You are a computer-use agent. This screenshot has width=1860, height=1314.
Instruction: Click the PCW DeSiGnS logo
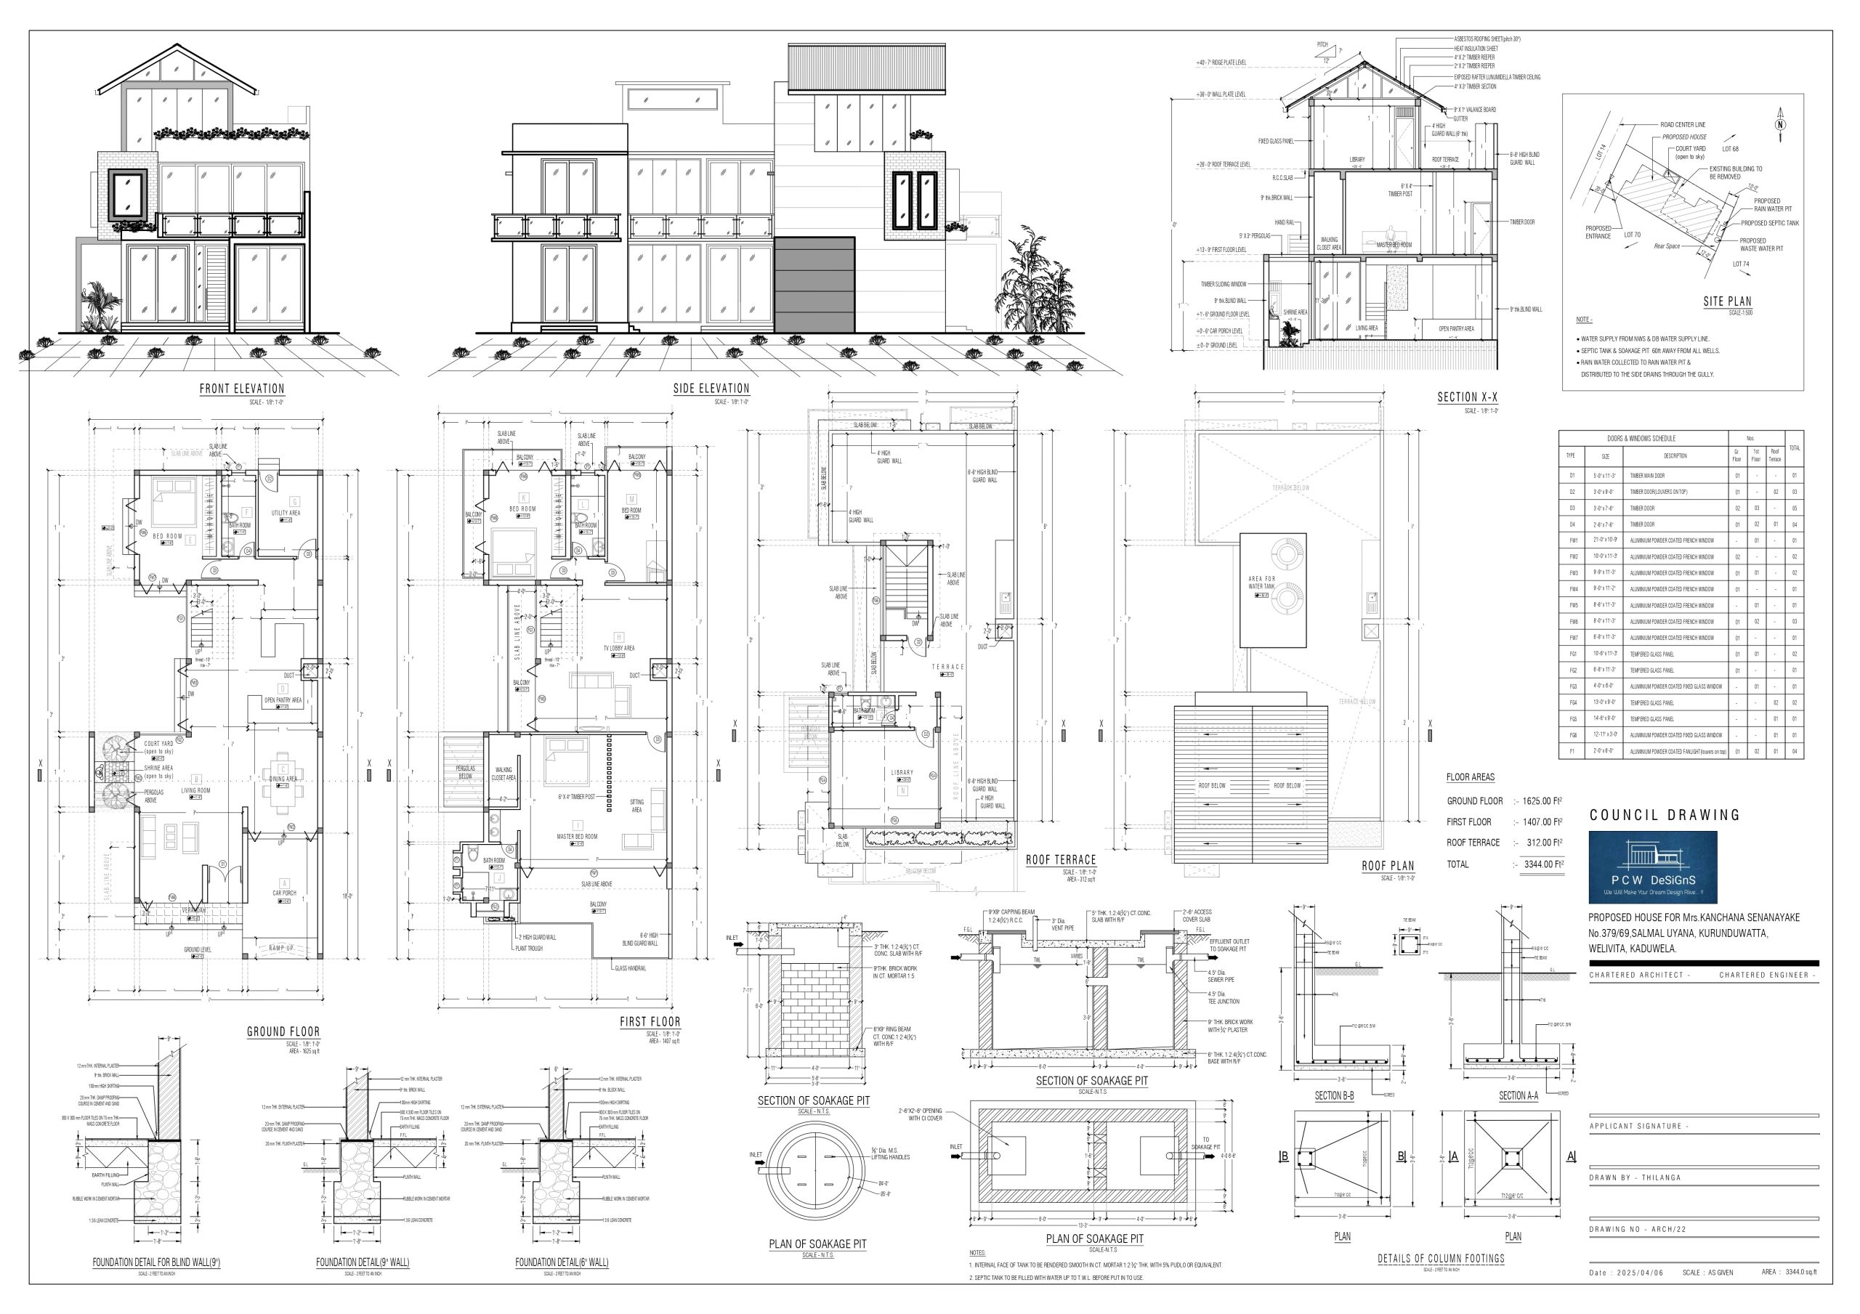1653,867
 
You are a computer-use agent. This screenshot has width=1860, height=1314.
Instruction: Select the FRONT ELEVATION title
242,389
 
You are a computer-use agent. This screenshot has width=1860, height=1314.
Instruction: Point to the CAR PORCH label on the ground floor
284,893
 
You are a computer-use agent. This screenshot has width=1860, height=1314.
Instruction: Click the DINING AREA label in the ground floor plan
283,779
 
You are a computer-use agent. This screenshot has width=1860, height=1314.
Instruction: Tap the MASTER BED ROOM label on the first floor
577,836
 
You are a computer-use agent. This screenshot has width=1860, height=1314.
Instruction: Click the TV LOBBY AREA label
619,648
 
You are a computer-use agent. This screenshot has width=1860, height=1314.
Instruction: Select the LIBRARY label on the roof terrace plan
902,772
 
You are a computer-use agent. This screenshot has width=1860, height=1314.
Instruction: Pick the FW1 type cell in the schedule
1572,540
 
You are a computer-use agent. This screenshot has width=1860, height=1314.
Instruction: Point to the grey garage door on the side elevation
815,283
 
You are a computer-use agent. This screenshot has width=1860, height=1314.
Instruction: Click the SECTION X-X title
1467,397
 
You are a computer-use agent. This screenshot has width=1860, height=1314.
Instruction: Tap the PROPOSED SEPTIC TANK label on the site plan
1770,223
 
